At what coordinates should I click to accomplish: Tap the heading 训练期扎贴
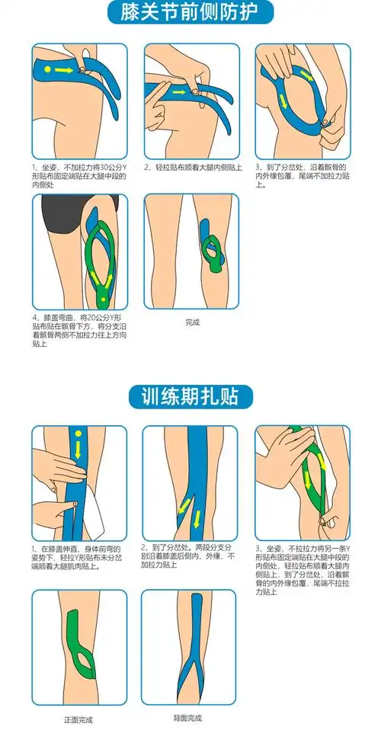[x=190, y=396]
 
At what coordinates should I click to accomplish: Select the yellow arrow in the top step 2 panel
[x=180, y=93]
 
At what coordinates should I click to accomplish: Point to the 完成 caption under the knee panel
[x=192, y=322]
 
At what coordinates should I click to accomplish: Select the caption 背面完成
[x=188, y=717]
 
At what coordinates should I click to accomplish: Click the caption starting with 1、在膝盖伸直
[x=78, y=557]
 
